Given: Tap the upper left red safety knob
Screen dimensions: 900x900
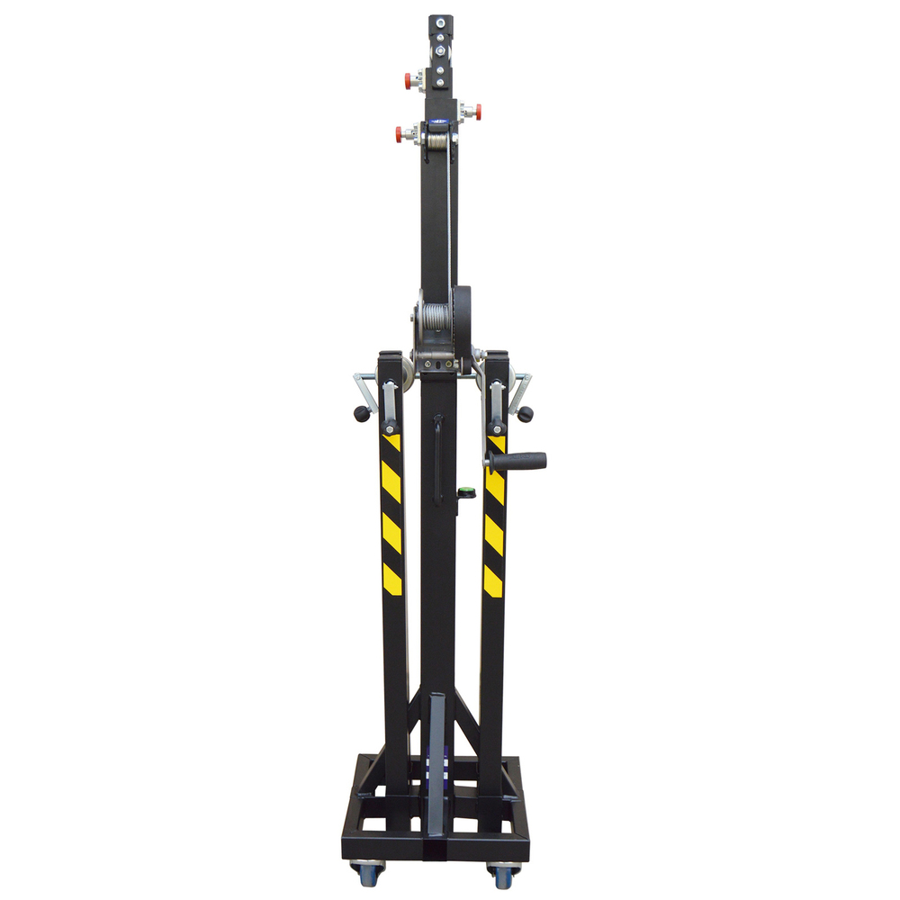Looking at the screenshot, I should (x=409, y=79).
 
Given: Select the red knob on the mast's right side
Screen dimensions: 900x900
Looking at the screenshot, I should (x=477, y=112).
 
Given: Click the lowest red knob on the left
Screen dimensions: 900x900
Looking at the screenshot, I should (x=400, y=135).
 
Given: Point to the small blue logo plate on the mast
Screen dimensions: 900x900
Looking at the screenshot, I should (x=438, y=127).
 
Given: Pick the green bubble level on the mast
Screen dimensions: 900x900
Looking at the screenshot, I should (x=467, y=491).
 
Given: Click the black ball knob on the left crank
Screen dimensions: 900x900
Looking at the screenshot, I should (x=362, y=413).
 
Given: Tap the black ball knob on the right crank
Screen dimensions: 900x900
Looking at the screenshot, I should (x=525, y=414).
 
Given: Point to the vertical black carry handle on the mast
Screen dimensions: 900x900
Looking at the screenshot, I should (x=438, y=459).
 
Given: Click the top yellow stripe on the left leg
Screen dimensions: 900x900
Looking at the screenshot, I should (x=391, y=442).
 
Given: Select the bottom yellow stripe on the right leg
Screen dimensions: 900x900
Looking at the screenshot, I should (x=492, y=580).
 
